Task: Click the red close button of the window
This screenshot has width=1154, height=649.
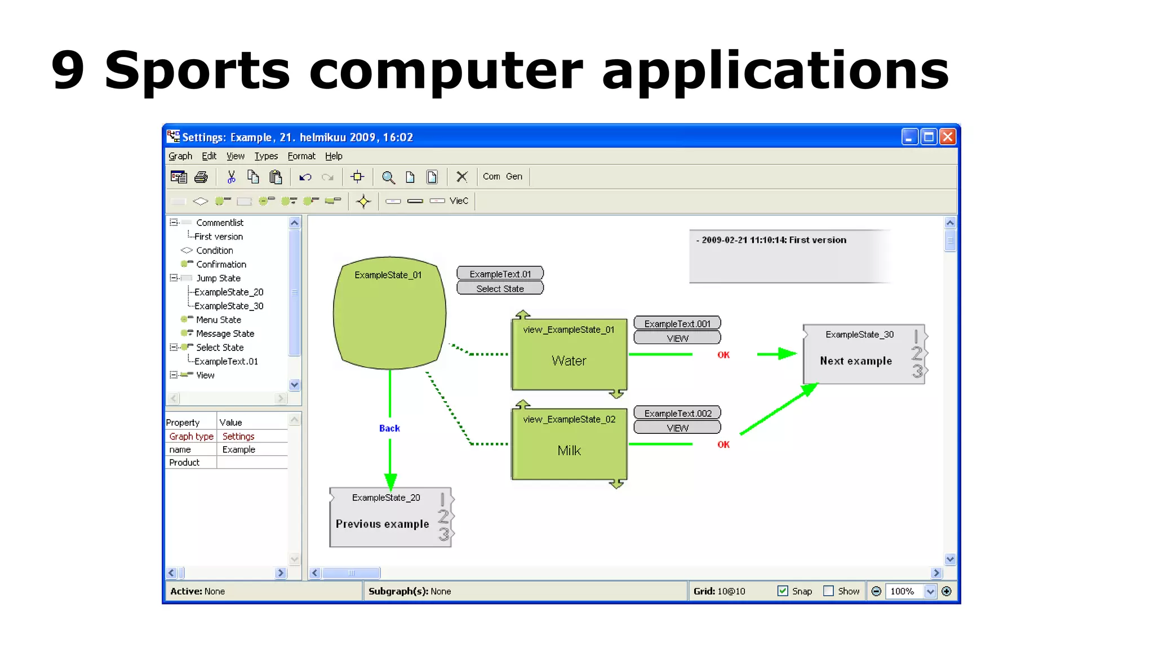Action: pos(948,137)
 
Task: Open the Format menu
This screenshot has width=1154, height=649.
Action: pos(301,156)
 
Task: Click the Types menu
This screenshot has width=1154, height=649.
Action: pos(266,156)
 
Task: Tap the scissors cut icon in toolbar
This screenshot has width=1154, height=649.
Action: pos(231,177)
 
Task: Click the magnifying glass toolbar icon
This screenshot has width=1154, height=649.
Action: pos(388,177)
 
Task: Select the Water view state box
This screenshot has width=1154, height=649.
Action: pos(569,355)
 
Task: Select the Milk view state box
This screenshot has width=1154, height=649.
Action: pos(569,445)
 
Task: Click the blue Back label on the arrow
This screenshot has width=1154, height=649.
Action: pos(389,428)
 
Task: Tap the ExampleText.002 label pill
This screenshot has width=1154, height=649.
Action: pos(677,413)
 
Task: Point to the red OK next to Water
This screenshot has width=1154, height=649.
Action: pos(724,355)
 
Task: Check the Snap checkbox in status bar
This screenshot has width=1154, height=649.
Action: pos(783,591)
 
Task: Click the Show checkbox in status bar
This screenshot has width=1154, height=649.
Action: pos(828,591)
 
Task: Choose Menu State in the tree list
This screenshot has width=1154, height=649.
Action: pos(219,319)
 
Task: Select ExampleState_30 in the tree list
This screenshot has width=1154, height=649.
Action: pos(229,306)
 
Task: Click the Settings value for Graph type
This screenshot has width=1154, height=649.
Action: pos(238,436)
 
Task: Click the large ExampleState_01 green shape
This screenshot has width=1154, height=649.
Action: pos(389,315)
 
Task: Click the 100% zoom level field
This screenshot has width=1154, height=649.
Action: pos(903,591)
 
